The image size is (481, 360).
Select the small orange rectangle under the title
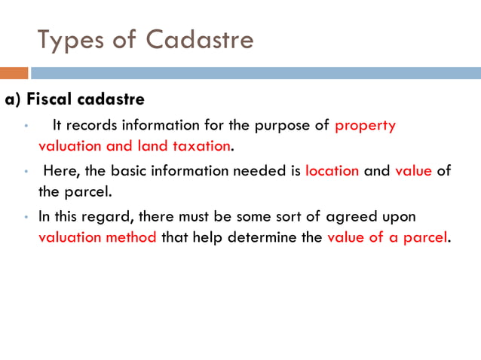click(x=14, y=73)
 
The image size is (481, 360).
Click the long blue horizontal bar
click(x=255, y=73)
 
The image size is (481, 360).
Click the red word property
click(x=365, y=125)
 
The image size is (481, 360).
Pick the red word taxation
click(x=200, y=145)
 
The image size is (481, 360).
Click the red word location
click(x=332, y=170)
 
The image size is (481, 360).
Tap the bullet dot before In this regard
click(x=24, y=217)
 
